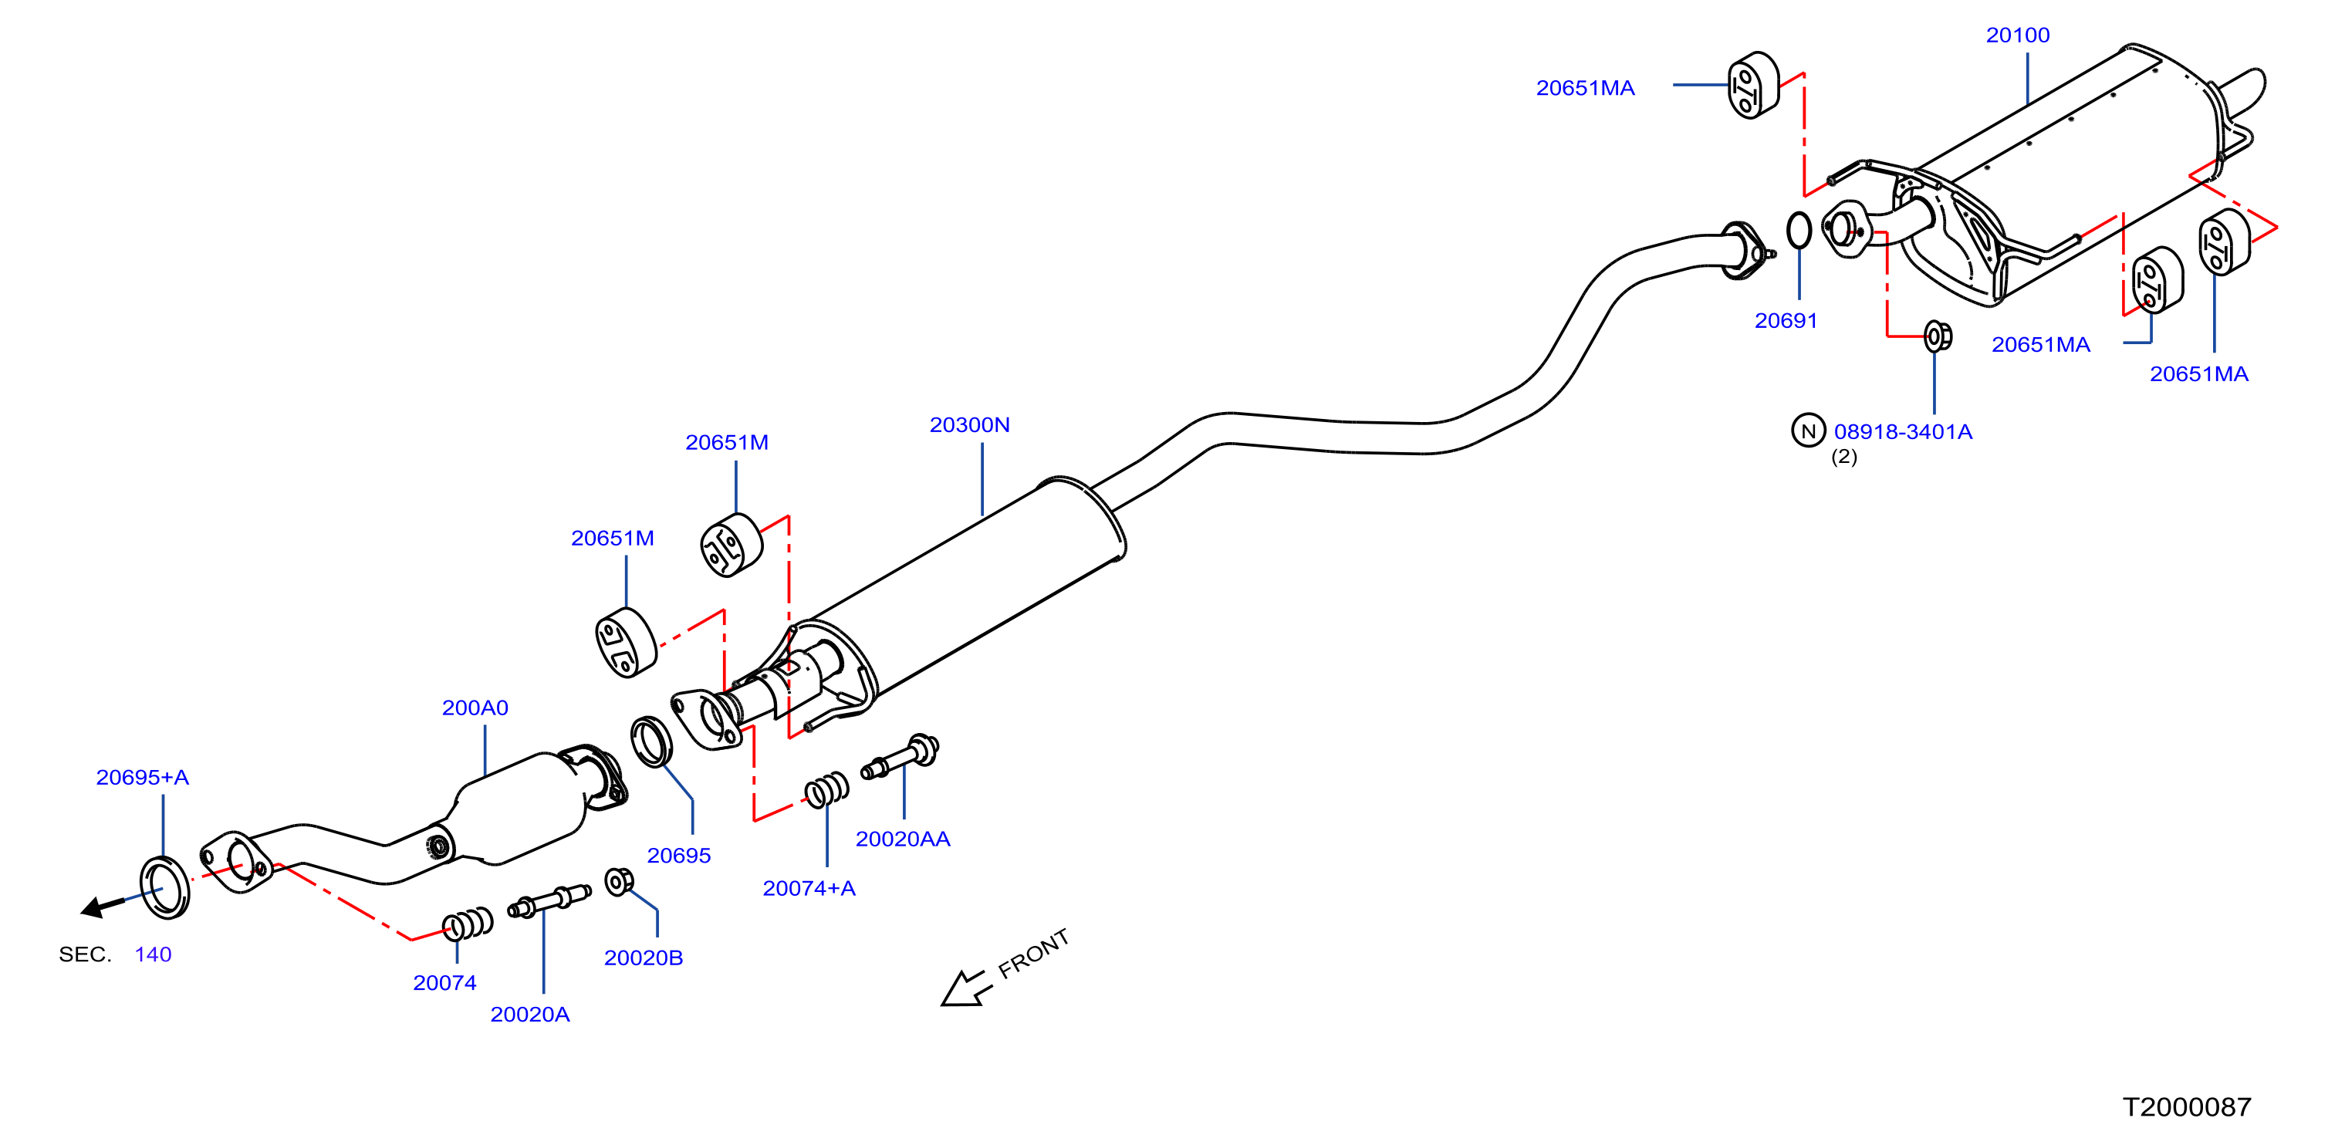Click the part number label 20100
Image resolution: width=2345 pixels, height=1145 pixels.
(2017, 35)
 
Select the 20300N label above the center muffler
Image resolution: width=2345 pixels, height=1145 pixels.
(968, 425)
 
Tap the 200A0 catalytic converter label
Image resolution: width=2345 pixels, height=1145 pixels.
(475, 708)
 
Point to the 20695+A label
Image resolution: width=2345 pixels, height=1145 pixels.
(142, 777)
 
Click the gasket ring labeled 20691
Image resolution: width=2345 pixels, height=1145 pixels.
(1799, 230)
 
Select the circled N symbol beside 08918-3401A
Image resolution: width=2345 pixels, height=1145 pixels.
(1808, 431)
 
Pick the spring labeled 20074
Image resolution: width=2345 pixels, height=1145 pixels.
(468, 925)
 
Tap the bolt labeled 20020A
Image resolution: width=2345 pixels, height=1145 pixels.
(549, 901)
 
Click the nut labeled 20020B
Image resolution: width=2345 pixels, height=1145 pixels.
(619, 881)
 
